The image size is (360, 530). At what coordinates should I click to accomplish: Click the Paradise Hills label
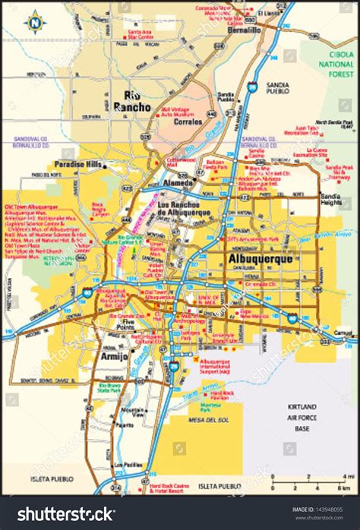click(x=79, y=164)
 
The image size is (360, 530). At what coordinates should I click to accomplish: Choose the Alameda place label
click(x=180, y=182)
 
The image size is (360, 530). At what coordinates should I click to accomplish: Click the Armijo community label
click(x=113, y=355)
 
